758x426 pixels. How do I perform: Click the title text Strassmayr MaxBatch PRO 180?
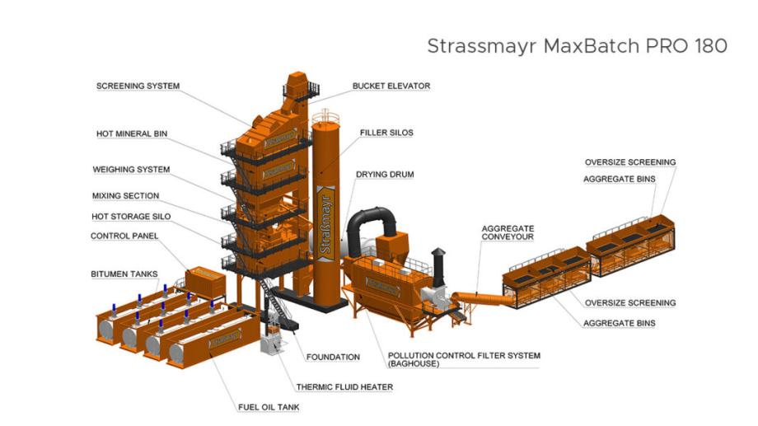point(576,46)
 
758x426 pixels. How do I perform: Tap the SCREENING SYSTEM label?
point(138,86)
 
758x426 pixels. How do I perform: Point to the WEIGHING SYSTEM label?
point(131,170)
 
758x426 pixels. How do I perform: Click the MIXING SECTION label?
point(125,196)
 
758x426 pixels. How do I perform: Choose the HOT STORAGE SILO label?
point(130,216)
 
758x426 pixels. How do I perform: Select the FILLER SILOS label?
point(386,132)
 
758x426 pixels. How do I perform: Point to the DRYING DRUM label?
point(384,175)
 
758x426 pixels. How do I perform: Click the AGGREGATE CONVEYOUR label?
point(508,232)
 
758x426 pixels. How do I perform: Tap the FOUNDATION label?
point(333,357)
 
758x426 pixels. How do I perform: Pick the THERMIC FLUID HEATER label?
point(344,386)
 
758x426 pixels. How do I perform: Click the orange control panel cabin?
point(204,281)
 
